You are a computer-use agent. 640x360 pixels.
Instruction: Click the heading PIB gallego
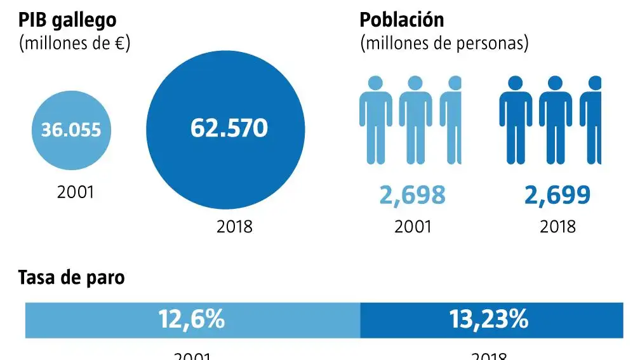(x=67, y=20)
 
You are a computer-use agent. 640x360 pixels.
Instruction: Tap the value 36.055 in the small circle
(x=70, y=130)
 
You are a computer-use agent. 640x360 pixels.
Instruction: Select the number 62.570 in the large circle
(x=229, y=128)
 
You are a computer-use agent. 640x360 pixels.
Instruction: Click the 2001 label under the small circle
(x=76, y=192)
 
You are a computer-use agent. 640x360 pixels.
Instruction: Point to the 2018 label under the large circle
(x=234, y=226)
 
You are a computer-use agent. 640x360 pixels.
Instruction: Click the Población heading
(x=402, y=20)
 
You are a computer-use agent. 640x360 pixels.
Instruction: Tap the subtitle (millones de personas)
(x=444, y=44)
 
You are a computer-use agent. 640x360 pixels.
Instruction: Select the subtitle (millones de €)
(x=75, y=44)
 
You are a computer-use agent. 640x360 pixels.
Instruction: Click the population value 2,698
(x=413, y=196)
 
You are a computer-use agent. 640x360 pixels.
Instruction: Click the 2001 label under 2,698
(x=413, y=226)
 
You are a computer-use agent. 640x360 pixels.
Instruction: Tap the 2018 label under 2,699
(x=557, y=226)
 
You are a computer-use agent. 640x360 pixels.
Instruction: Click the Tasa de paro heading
(x=71, y=277)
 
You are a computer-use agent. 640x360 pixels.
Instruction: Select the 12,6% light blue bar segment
(x=192, y=320)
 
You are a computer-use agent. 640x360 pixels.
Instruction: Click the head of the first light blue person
(x=376, y=83)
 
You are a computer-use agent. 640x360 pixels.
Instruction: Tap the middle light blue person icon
(x=415, y=121)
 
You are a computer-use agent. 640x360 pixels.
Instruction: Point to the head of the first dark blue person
(x=515, y=83)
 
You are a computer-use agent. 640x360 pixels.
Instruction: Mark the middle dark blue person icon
(x=556, y=121)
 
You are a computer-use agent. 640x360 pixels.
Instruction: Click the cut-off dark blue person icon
(x=594, y=121)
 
